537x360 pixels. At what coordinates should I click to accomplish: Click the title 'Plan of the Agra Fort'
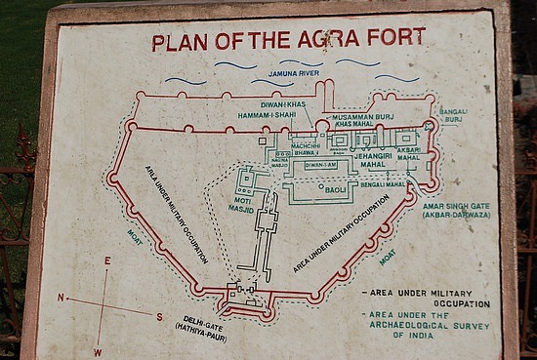[289, 41]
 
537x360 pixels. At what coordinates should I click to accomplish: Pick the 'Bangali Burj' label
[454, 116]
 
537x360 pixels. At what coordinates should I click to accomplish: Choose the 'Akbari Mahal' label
[409, 154]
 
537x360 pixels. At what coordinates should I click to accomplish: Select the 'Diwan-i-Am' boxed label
[321, 166]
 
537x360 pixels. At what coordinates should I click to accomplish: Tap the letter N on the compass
[61, 297]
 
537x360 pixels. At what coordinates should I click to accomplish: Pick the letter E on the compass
[107, 260]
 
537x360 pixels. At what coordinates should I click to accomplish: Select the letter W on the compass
[98, 350]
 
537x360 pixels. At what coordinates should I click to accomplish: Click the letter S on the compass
[159, 316]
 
